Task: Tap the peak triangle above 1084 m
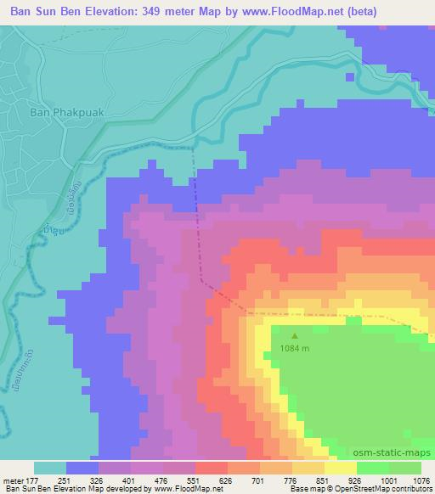[295, 335]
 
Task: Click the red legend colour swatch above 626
[212, 468]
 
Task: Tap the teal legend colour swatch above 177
[49, 468]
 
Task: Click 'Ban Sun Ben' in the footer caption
[25, 490]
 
